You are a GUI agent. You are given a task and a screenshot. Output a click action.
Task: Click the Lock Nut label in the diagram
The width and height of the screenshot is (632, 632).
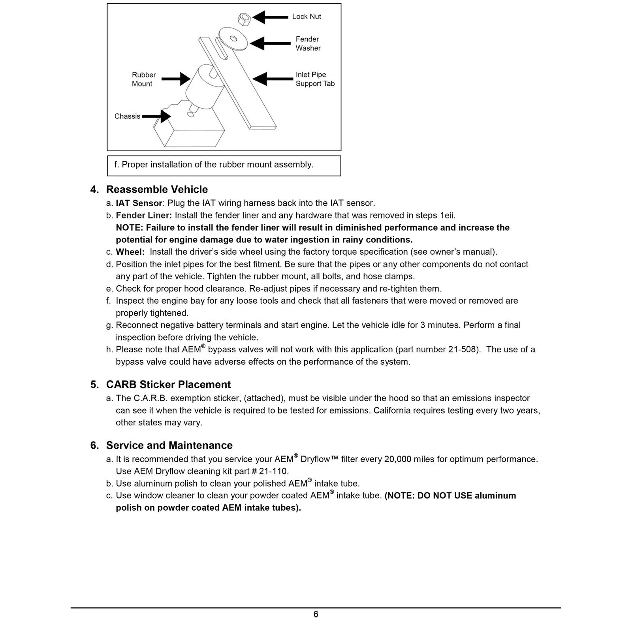(307, 17)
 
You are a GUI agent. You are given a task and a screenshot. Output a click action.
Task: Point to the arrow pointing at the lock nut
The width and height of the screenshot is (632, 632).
(270, 17)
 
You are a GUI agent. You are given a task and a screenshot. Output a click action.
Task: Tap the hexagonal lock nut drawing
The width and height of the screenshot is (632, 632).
(244, 18)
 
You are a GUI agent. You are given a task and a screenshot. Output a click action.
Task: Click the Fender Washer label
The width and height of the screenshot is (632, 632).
(308, 43)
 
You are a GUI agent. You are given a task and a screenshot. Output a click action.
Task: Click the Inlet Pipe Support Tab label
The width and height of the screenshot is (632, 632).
(315, 79)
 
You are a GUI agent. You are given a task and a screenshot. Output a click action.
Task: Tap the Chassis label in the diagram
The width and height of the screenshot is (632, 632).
(127, 116)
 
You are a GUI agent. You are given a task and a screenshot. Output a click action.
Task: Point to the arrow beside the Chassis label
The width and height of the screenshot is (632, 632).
(156, 116)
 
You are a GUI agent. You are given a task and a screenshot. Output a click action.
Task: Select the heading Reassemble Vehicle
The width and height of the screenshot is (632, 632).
(157, 190)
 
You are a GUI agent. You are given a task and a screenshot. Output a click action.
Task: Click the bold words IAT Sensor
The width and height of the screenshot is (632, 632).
(139, 203)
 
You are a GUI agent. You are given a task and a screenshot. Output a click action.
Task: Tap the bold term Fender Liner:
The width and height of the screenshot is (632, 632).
(144, 216)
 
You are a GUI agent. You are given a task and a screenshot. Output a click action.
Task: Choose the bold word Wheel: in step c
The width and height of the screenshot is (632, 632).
(130, 252)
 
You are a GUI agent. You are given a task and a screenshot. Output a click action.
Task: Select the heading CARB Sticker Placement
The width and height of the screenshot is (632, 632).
(168, 385)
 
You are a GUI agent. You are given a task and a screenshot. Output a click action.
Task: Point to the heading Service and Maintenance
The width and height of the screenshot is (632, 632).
(169, 446)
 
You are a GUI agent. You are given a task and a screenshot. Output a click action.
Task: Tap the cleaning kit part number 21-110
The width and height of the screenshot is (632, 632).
(273, 471)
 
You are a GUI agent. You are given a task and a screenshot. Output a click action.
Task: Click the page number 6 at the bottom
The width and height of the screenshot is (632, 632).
(316, 614)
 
